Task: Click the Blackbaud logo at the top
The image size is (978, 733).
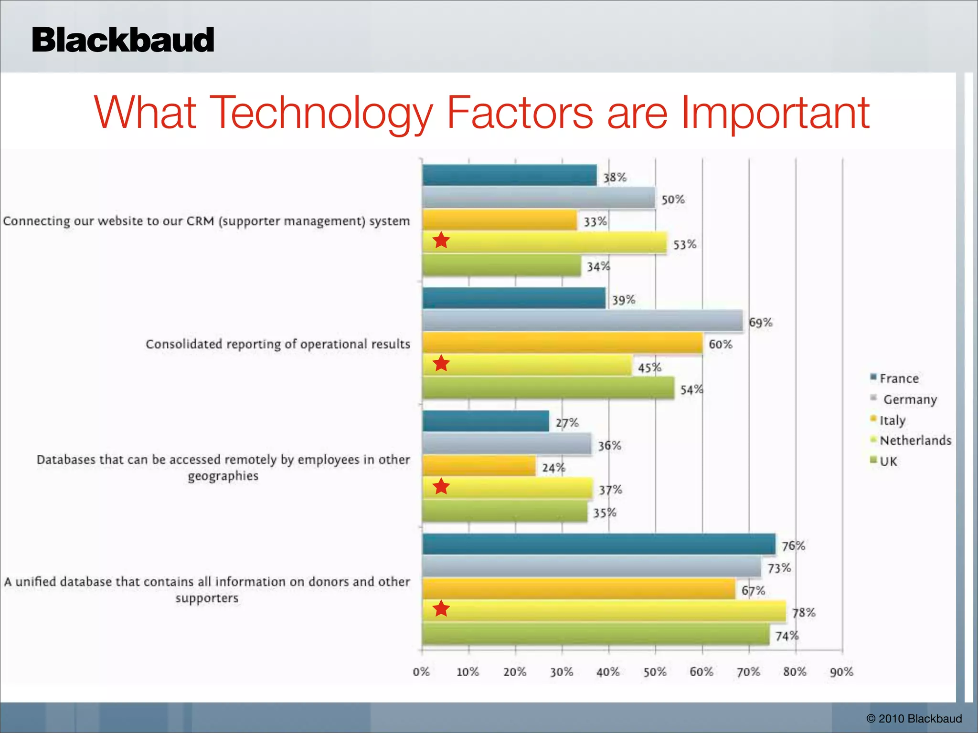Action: [x=123, y=40]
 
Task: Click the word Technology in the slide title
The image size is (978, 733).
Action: [x=320, y=114]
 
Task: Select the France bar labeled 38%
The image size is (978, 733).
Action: [x=509, y=175]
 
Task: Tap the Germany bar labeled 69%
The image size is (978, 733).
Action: [x=582, y=321]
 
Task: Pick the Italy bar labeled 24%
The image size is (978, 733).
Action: [x=478, y=466]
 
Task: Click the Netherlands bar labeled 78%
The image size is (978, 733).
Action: [x=604, y=611]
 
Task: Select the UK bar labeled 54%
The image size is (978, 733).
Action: [x=548, y=388]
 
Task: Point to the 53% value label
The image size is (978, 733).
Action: [x=685, y=245]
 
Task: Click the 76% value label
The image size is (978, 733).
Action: [x=793, y=546]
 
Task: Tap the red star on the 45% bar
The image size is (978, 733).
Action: [x=441, y=364]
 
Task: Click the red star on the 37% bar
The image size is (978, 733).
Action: [x=441, y=487]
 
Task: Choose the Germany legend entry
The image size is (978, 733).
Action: [x=909, y=399]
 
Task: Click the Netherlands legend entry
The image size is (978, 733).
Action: [x=915, y=440]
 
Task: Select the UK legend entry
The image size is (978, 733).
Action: [x=888, y=461]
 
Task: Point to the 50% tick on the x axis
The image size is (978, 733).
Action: [x=655, y=672]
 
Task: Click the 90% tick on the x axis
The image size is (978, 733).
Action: [x=841, y=672]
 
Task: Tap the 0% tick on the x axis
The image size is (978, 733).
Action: [x=421, y=672]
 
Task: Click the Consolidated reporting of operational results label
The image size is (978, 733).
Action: [x=277, y=344]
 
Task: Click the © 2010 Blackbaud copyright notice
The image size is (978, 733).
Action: [x=914, y=719]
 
